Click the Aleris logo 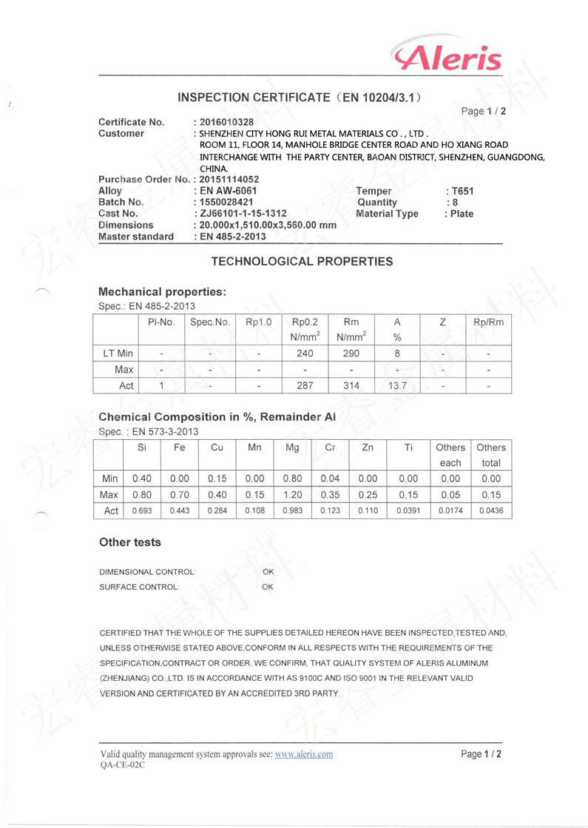[447, 56]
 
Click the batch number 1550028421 [226, 202]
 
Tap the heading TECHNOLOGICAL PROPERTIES [302, 261]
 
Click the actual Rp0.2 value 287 [305, 385]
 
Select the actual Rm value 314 [351, 385]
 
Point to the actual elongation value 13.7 [398, 385]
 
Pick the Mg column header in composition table [292, 447]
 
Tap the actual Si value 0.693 [141, 511]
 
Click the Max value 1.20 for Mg [292, 495]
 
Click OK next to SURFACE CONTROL [268, 587]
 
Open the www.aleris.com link [304, 754]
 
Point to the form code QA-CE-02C [122, 766]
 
